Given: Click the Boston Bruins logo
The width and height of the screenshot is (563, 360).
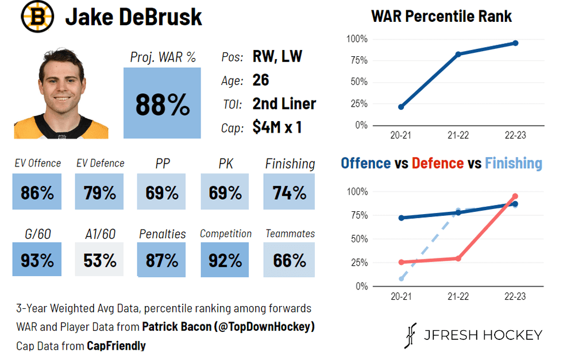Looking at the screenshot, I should coord(37,17).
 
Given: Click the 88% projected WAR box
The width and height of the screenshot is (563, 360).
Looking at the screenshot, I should coord(162,104).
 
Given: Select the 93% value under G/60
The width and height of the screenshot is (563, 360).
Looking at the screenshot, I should coord(37,260).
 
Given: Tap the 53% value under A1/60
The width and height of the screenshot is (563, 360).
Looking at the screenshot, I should coord(99,260).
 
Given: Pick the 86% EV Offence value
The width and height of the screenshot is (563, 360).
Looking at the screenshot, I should coord(37,192).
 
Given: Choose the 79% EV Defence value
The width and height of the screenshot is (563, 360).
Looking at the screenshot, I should coord(99,192).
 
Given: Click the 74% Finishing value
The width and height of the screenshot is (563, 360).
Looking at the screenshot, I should coord(289,192).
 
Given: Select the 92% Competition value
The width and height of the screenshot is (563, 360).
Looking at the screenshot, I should coord(225,260).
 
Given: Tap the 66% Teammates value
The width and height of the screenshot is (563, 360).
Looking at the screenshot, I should coord(289,260).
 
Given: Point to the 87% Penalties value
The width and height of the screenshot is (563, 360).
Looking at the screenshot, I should coord(162,260).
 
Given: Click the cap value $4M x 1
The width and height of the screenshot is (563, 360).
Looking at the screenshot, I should coord(277,127).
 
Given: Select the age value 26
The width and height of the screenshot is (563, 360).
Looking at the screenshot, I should coord(261,80).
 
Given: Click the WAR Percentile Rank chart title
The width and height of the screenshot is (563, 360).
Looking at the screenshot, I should coord(441,16).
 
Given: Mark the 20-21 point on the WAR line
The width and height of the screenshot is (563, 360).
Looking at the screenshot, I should coord(401,107).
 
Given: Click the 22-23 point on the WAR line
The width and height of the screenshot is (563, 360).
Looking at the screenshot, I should coord(515,43).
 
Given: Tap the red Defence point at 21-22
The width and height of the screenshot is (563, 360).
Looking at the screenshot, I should coord(458,258).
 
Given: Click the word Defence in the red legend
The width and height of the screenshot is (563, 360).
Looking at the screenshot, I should coord(437,164).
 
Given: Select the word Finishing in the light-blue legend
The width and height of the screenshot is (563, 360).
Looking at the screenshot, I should coord(513,164).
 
